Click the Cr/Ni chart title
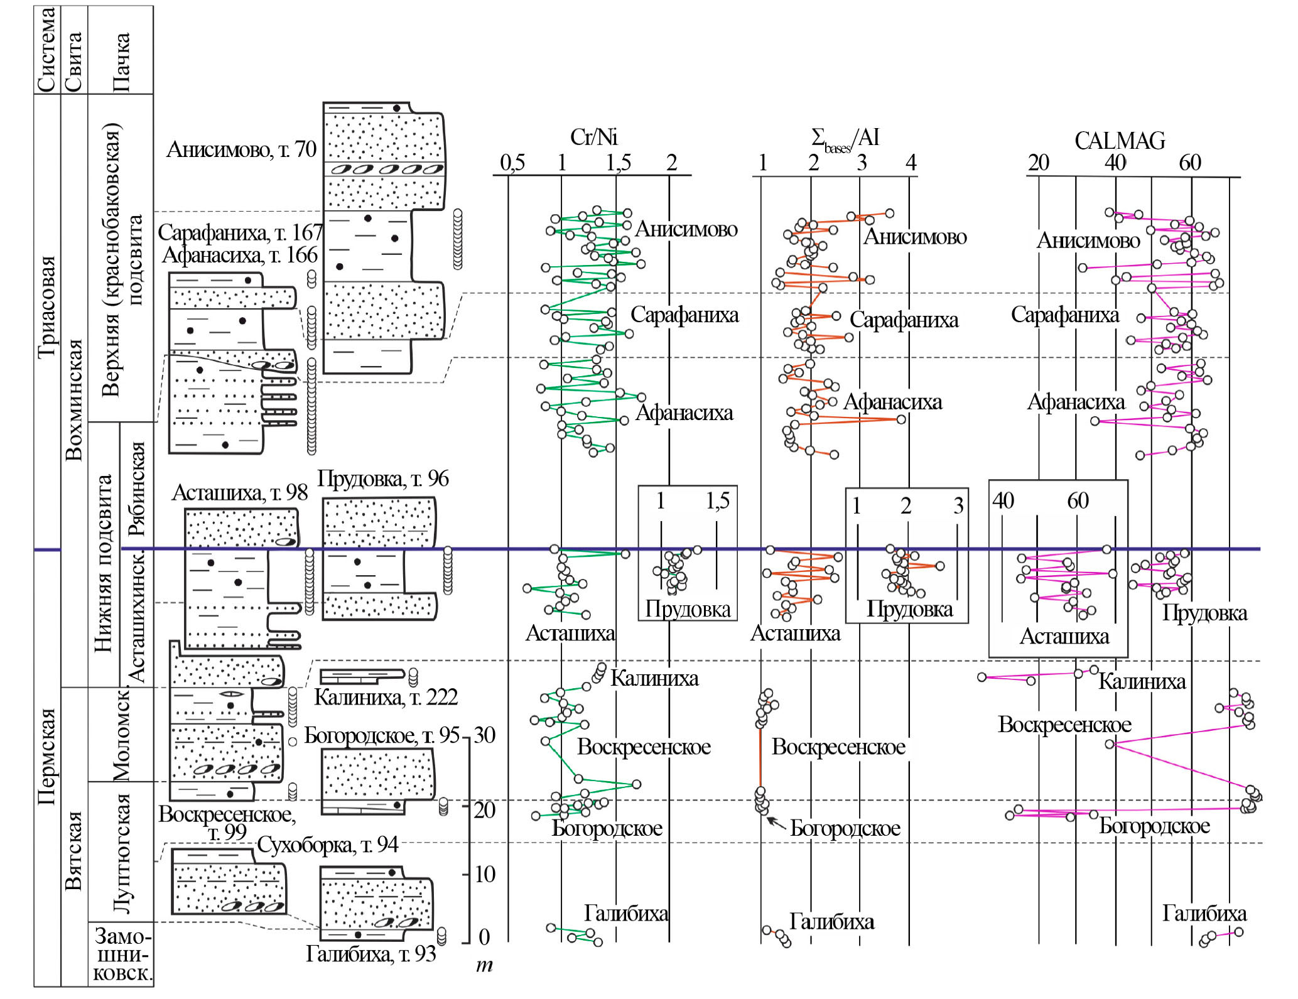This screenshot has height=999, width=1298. coord(593,137)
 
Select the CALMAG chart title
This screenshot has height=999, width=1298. coord(1119,141)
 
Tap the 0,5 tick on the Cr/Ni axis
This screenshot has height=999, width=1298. coord(512,163)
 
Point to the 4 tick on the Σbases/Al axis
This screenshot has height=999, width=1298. coord(911,163)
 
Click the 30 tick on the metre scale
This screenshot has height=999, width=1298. coord(484,735)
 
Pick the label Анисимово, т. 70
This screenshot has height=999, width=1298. coord(241,149)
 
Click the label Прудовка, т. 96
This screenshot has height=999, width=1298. coord(382,479)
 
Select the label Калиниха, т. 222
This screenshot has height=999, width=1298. coord(386,697)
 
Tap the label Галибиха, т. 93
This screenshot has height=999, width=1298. coord(370,954)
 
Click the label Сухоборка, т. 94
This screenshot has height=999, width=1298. coord(327,845)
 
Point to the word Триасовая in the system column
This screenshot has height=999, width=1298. coord(47,307)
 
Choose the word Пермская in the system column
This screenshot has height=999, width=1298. coord(47,756)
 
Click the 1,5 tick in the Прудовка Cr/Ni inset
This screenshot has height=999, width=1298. coord(717,501)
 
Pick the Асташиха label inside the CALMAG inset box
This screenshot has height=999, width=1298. coord(1064,637)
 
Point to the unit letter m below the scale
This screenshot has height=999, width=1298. coord(484,965)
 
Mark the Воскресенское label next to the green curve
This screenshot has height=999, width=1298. coord(644,747)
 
